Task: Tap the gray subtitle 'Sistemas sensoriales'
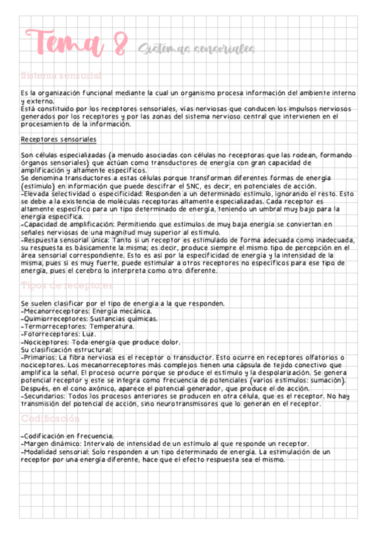(195, 49)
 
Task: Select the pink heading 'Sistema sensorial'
(60, 75)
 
